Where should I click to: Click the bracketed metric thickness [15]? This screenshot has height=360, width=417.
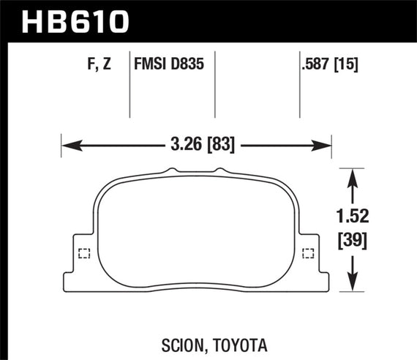347,64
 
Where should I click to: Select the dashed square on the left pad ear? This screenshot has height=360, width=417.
83,255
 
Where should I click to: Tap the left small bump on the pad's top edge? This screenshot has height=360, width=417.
172,171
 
